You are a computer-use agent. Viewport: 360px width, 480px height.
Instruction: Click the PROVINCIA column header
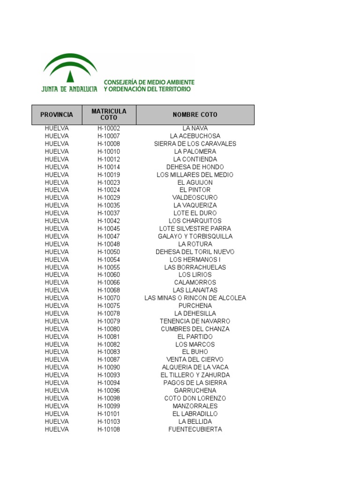click(x=57, y=115)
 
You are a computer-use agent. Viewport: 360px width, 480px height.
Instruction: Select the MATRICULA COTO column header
click(x=109, y=114)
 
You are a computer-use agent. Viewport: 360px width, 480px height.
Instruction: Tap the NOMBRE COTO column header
click(x=195, y=115)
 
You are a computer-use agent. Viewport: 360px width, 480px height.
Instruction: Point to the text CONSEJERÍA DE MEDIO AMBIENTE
click(x=149, y=82)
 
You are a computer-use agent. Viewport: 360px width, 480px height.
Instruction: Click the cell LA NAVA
click(x=195, y=128)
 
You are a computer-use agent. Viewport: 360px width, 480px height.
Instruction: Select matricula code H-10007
click(x=109, y=136)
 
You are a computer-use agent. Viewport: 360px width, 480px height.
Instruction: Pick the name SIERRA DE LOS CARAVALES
click(x=195, y=144)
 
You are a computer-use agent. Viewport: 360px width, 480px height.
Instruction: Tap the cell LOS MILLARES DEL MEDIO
click(x=195, y=175)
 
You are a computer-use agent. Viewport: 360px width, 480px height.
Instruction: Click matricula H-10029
click(x=109, y=198)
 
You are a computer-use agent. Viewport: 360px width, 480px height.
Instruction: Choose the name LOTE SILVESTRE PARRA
click(x=195, y=229)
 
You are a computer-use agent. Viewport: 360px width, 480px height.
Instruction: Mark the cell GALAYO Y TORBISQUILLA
click(x=195, y=236)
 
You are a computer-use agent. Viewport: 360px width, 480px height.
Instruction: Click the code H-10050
click(x=109, y=252)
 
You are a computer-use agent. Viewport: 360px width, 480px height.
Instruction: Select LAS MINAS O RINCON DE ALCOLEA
click(x=195, y=298)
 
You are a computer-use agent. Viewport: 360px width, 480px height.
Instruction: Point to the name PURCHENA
click(x=195, y=306)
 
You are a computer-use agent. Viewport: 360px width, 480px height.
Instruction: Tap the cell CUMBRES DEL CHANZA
click(x=195, y=329)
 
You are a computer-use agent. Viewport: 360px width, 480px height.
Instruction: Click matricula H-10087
click(x=109, y=360)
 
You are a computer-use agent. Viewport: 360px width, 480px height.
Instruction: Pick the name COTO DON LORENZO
click(x=195, y=398)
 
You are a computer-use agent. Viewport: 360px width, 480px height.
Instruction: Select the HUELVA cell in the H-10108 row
click(x=57, y=429)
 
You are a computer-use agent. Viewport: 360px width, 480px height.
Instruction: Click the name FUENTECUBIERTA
click(x=195, y=429)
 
